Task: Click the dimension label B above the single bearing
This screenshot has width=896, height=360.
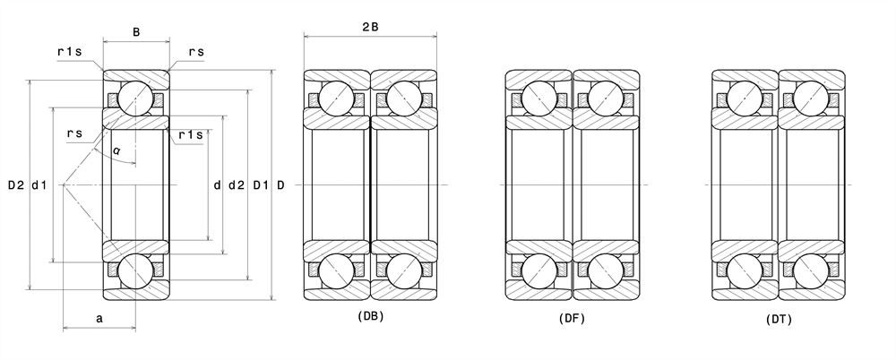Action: pyautogui.click(x=136, y=33)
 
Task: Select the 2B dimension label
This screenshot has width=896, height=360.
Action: pyautogui.click(x=370, y=27)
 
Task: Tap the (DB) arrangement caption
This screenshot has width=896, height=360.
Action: pyautogui.click(x=370, y=315)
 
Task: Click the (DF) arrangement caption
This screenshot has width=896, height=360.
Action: pyautogui.click(x=572, y=318)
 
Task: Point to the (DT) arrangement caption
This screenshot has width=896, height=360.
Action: pyautogui.click(x=779, y=319)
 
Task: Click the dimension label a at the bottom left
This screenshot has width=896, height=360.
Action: pyautogui.click(x=99, y=318)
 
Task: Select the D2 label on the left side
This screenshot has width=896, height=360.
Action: pyautogui.click(x=16, y=185)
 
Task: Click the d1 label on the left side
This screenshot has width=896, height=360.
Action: pyautogui.click(x=39, y=185)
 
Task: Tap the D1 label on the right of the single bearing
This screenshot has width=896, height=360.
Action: pyautogui.click(x=260, y=185)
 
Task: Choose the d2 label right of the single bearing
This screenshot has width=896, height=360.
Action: pyautogui.click(x=236, y=185)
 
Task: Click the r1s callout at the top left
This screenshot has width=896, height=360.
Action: pyautogui.click(x=69, y=53)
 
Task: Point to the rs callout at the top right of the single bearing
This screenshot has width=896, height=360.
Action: pyautogui.click(x=196, y=53)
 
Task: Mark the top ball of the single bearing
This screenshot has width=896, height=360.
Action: pyautogui.click(x=135, y=97)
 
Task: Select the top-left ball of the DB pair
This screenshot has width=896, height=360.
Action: pyautogui.click(x=336, y=97)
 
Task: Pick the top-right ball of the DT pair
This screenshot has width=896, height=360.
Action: pyautogui.click(x=812, y=97)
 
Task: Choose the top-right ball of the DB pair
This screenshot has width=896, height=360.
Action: pyautogui.click(x=404, y=97)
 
